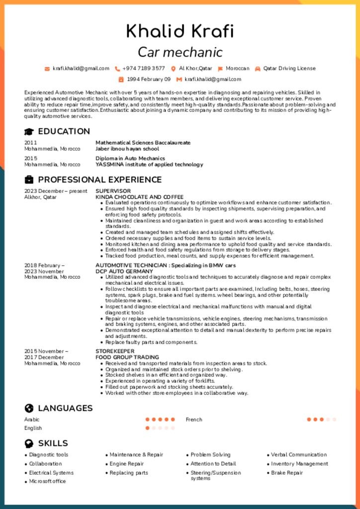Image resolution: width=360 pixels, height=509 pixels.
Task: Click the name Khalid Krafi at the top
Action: coord(180,31)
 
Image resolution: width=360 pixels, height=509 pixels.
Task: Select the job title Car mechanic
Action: coord(180,52)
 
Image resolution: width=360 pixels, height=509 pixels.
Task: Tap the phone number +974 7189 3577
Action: coord(143,69)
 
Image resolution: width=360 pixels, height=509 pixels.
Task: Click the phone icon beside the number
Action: coord(117,69)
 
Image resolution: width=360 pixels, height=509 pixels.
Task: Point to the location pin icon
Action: coord(174,69)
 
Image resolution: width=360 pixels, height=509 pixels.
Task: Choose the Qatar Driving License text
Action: coord(289,69)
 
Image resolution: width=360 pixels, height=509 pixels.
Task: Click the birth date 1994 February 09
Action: coord(148,79)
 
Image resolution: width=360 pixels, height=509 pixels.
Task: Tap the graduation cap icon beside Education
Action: coord(29,132)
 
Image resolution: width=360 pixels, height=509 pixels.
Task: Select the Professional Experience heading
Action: coord(99,180)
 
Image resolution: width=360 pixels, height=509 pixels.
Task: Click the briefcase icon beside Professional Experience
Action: coord(29,180)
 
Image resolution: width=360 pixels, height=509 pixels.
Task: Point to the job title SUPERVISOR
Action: coord(113,191)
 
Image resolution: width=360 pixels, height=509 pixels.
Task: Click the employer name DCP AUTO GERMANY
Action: coord(124,271)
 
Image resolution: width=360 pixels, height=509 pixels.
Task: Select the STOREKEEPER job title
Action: coord(115,351)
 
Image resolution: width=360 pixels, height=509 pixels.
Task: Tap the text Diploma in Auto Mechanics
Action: coord(130,159)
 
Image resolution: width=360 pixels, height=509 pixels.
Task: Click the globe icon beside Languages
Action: coord(29,409)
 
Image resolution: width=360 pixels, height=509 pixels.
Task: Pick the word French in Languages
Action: coord(194,420)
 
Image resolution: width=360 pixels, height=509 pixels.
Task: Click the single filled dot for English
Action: coord(147,428)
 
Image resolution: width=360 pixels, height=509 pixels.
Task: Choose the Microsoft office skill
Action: coord(47,481)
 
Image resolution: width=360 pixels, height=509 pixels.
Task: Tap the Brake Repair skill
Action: coord(286,473)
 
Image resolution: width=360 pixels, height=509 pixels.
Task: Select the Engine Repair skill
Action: coord(126,464)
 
